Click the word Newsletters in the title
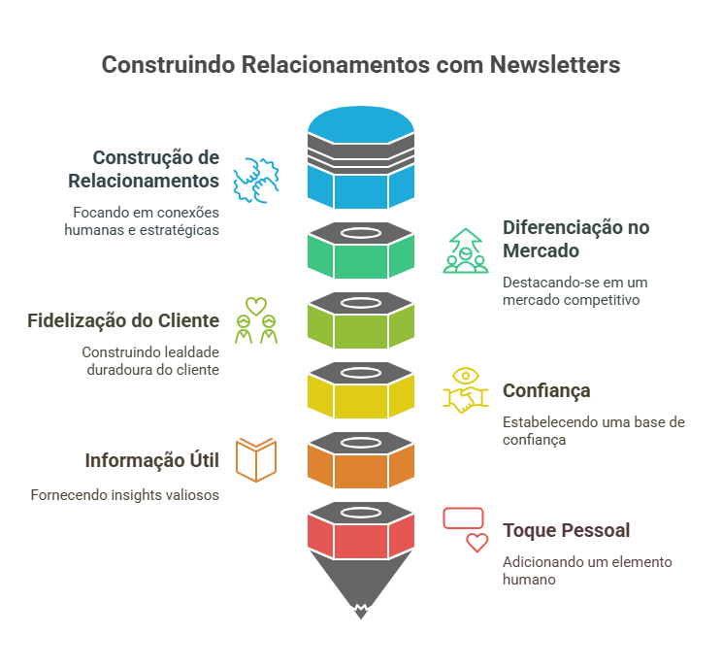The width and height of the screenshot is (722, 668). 555,65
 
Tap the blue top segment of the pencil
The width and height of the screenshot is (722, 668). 360,184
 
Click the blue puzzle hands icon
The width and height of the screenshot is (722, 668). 260,181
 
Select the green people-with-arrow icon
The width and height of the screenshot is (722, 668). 465,250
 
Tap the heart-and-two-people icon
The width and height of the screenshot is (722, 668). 255,320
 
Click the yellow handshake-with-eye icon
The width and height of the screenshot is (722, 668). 465,390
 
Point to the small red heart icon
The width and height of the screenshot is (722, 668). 476,543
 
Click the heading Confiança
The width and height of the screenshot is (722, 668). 546,390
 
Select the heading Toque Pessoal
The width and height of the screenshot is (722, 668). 566,530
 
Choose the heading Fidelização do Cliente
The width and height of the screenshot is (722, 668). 123,320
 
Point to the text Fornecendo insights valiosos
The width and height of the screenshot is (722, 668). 124,494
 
